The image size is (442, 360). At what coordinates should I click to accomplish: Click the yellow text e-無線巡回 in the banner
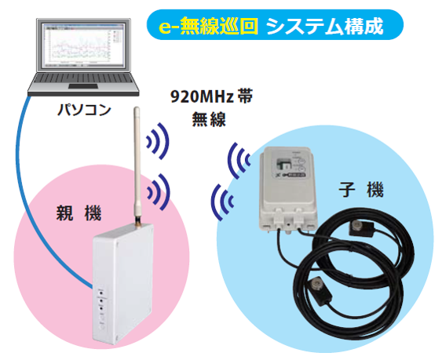[x=209, y=26]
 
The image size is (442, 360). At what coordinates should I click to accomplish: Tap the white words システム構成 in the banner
[x=325, y=26]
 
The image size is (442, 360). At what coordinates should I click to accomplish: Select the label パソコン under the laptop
[x=84, y=110]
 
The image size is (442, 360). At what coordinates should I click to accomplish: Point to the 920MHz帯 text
[x=212, y=96]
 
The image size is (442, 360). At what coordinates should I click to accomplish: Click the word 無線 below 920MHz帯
[x=209, y=119]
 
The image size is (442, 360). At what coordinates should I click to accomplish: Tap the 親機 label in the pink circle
[x=79, y=213]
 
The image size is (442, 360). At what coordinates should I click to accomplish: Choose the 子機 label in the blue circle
[x=361, y=190]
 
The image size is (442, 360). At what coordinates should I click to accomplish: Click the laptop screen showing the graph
[x=83, y=45]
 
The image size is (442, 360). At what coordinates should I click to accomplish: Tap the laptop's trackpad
[x=83, y=86]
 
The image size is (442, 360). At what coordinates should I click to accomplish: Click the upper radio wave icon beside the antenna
[x=158, y=141]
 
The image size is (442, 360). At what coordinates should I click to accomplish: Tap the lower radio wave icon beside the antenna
[x=158, y=192]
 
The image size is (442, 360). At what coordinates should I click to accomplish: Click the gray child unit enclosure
[x=288, y=189]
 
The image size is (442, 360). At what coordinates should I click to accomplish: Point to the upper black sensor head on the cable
[x=361, y=228]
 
